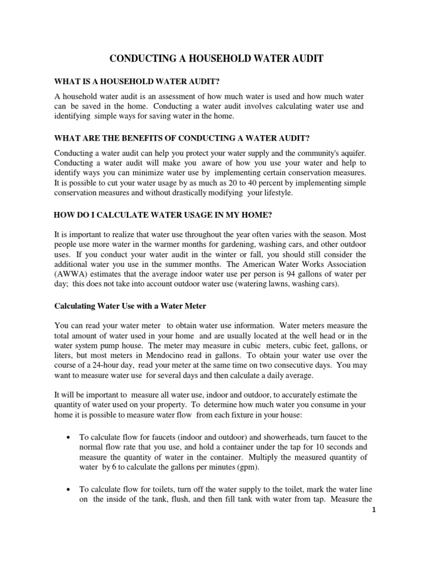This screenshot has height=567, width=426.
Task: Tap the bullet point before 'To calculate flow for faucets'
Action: pyautogui.click(x=68, y=423)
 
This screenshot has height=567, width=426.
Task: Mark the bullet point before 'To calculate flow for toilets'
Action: pyautogui.click(x=68, y=490)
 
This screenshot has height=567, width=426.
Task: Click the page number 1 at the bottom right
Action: pyautogui.click(x=367, y=514)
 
